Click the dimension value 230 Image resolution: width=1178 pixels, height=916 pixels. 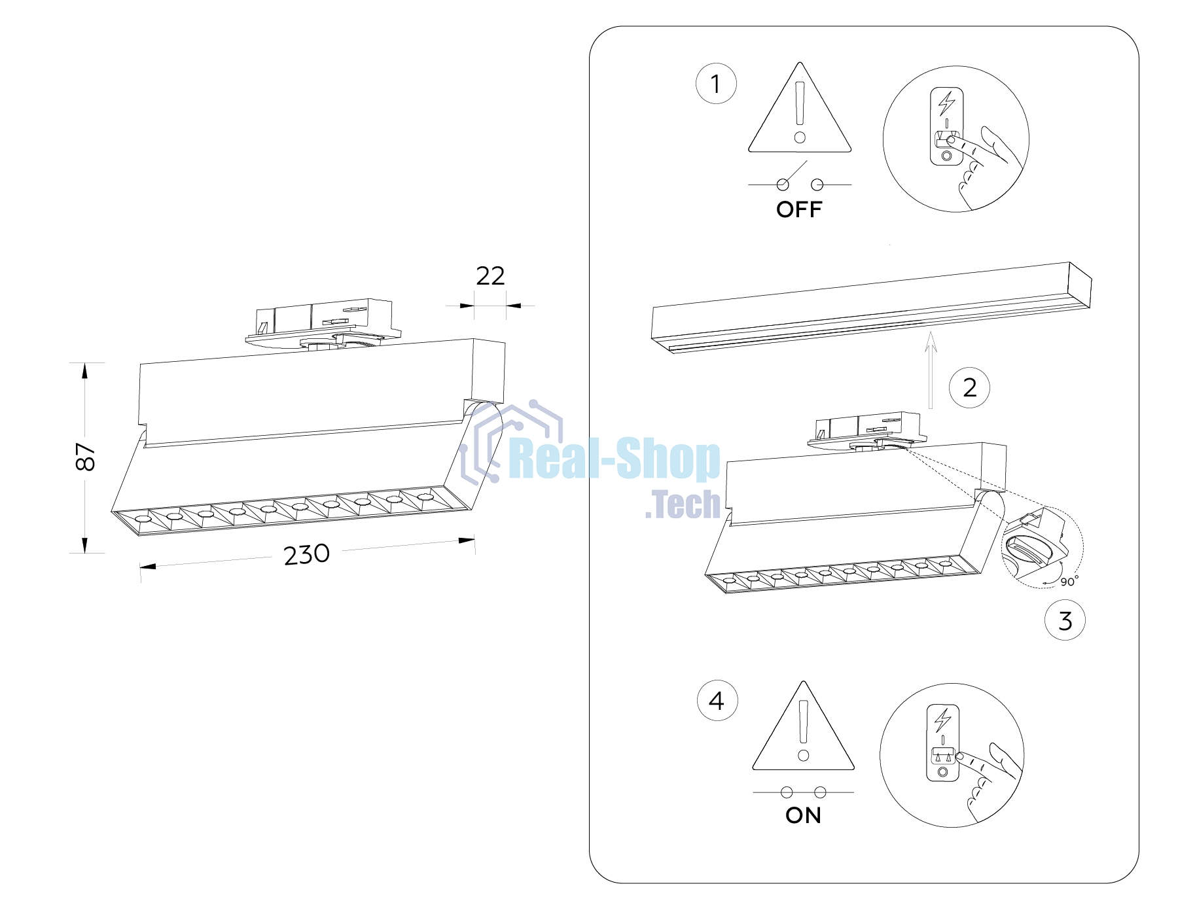click(306, 555)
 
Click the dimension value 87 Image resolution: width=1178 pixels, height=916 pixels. click(86, 457)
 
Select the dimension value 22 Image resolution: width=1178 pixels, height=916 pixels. click(490, 276)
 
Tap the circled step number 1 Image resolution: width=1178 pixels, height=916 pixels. click(716, 84)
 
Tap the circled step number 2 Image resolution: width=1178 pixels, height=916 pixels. click(969, 388)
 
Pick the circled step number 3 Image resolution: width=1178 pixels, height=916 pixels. click(1065, 620)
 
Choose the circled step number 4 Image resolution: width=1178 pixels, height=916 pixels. click(717, 701)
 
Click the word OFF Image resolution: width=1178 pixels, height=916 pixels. click(799, 209)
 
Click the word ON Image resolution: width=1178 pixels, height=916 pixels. click(803, 815)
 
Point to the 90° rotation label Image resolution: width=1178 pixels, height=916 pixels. click(1069, 581)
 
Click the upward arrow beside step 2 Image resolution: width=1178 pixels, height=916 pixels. click(931, 370)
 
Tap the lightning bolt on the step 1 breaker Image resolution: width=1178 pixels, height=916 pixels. click(946, 103)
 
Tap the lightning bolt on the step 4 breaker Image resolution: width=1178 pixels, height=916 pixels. click(942, 720)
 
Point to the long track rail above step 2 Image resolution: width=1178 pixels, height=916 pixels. click(871, 308)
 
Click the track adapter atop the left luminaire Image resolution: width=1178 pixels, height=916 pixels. click(323, 323)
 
